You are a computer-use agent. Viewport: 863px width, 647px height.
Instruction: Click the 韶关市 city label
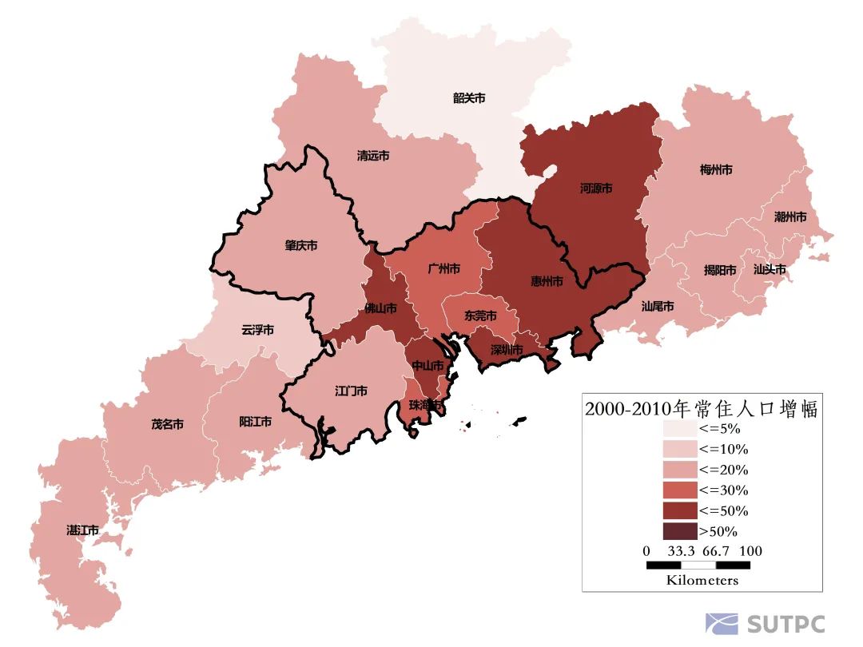click(x=469, y=98)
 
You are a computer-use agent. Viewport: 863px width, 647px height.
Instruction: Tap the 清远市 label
click(x=373, y=156)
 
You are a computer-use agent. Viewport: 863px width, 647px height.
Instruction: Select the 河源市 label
click(x=596, y=189)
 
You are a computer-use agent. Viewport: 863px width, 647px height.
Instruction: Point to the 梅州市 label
click(x=716, y=169)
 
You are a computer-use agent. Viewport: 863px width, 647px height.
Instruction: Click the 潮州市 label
click(x=790, y=216)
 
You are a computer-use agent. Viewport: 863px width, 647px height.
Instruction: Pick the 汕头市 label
click(x=770, y=269)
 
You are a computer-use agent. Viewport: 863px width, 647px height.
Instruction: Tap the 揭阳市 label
click(x=720, y=270)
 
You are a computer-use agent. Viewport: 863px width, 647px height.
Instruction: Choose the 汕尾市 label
click(x=658, y=306)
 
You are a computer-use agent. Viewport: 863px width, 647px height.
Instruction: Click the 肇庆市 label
click(x=301, y=245)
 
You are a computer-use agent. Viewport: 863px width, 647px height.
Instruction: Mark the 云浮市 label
click(x=258, y=329)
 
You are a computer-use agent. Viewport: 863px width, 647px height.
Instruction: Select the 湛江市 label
click(x=82, y=530)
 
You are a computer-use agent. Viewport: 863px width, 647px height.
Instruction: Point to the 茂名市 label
click(x=168, y=424)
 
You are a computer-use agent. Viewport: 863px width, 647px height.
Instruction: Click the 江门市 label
click(x=351, y=391)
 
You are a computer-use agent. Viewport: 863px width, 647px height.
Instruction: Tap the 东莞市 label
click(x=480, y=316)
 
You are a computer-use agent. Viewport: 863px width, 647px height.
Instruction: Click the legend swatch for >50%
click(x=679, y=531)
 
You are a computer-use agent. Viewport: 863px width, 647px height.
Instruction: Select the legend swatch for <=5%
click(x=679, y=428)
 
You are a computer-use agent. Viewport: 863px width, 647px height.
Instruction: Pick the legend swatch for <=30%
click(x=679, y=490)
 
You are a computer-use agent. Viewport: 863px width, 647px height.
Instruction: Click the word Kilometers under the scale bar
click(x=702, y=580)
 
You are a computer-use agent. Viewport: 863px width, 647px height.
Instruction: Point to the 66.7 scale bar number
click(x=718, y=551)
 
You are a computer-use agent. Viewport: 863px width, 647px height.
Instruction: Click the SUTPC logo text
click(x=785, y=624)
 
